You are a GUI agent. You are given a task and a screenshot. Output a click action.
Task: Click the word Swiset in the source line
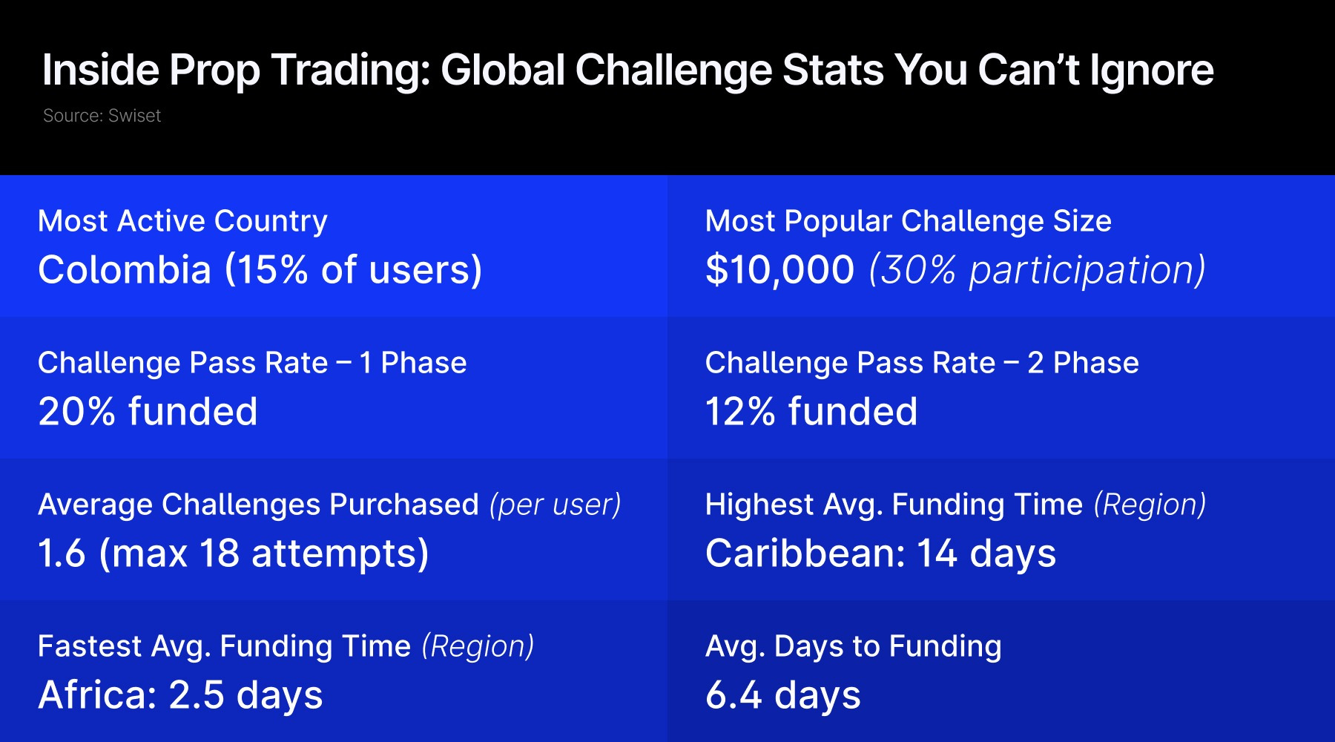[134, 116]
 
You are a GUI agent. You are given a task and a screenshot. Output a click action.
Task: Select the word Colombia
[125, 269]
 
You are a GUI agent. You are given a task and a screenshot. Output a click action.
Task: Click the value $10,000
[779, 270]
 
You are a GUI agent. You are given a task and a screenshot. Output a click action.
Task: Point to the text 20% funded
[148, 411]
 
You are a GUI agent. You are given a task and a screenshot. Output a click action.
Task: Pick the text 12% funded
[811, 411]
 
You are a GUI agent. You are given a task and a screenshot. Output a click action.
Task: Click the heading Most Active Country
[182, 222]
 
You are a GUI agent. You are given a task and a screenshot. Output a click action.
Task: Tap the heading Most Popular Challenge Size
[909, 222]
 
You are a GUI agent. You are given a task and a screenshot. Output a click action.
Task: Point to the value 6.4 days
[783, 696]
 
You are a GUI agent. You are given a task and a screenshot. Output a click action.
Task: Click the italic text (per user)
[555, 505]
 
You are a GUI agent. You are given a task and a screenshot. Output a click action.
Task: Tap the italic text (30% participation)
[1038, 270]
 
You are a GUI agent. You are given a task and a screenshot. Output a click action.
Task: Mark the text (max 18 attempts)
[263, 554]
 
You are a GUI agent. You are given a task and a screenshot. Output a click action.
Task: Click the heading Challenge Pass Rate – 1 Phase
[252, 363]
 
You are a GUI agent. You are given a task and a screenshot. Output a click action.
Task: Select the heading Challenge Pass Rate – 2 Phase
[922, 363]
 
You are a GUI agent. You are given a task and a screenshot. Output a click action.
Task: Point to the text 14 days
[986, 554]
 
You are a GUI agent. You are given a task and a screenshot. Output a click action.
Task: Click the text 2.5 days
[245, 696]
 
